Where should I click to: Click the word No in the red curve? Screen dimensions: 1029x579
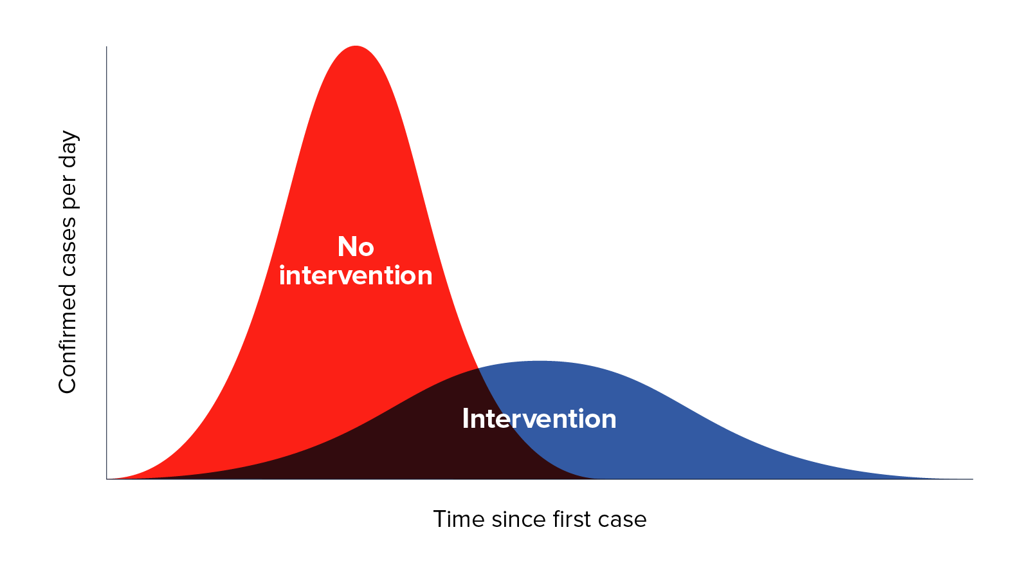[356, 247]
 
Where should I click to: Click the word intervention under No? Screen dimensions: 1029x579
[356, 275]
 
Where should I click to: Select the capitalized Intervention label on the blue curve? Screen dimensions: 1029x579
[539, 419]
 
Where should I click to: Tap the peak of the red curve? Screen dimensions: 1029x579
[356, 46]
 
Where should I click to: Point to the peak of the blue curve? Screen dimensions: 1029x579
[541, 361]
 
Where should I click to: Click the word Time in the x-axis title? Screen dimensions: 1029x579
[459, 519]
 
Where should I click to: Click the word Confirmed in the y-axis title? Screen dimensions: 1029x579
[68, 338]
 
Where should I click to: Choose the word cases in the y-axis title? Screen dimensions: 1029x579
[68, 246]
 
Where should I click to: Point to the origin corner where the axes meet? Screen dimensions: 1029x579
[107, 479]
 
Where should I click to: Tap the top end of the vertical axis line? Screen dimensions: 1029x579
[107, 46]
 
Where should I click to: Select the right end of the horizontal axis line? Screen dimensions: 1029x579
[972, 479]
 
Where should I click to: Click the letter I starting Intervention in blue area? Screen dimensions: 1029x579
[466, 419]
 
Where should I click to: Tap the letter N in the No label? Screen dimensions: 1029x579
[347, 247]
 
